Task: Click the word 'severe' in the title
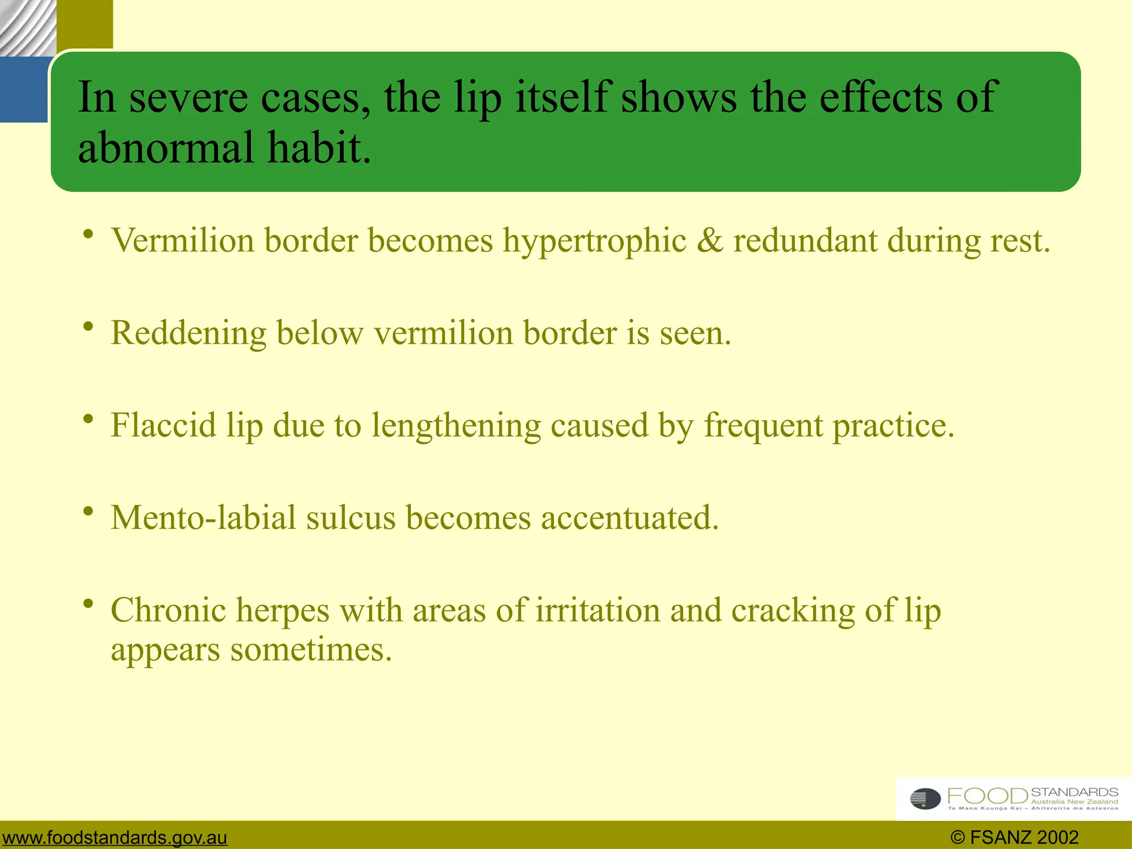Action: [188, 98]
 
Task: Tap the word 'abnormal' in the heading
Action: [166, 148]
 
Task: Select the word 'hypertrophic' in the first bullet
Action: [594, 242]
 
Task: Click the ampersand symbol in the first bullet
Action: [710, 241]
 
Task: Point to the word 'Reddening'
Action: [188, 333]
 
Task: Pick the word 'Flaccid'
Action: [163, 426]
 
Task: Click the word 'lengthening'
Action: [456, 427]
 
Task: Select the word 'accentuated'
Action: [630, 518]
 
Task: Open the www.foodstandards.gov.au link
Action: [114, 837]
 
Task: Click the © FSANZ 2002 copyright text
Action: [1014, 837]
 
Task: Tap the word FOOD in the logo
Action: [988, 796]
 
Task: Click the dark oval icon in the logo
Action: [925, 799]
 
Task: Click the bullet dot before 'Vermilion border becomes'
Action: [87, 234]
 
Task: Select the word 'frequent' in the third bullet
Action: [763, 426]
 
